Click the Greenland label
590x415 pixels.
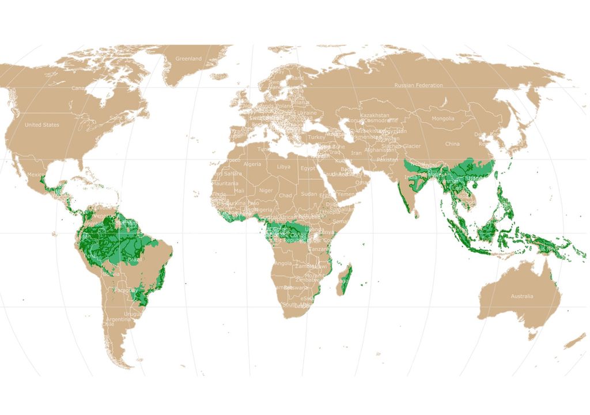tap(188, 59)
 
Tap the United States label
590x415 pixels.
tap(41, 124)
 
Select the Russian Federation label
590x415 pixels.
tap(418, 85)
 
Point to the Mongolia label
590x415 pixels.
tap(443, 119)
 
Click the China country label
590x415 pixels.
tap(452, 144)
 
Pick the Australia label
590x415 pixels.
tap(521, 296)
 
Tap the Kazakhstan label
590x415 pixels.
tap(375, 115)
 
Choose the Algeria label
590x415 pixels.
tap(252, 164)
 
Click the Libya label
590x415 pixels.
tap(284, 167)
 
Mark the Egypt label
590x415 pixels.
tap(307, 168)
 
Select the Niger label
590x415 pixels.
tap(266, 190)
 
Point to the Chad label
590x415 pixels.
tap(286, 195)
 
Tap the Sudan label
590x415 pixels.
tap(309, 194)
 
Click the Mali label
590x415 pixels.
tap(239, 190)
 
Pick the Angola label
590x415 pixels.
tap(283, 263)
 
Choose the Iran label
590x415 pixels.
tap(357, 153)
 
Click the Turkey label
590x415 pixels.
tap(316, 137)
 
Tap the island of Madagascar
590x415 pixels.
tap(345, 279)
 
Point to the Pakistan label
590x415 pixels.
tap(387, 160)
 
